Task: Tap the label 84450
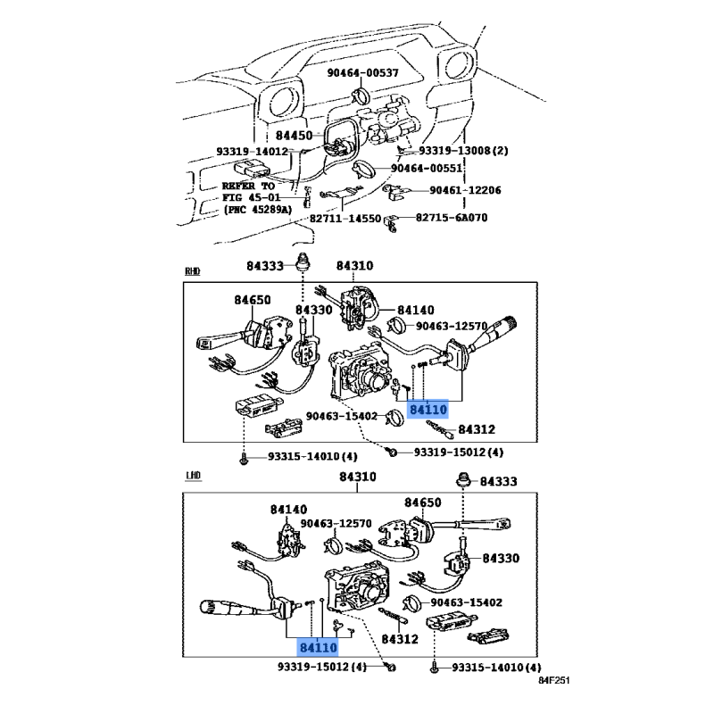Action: (294, 136)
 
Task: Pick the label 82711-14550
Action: (345, 219)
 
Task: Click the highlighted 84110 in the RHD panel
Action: (427, 410)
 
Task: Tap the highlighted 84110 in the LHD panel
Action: (318, 646)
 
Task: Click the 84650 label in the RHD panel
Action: (253, 301)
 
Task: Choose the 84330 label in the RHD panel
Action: (313, 311)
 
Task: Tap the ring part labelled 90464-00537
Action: (363, 95)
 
